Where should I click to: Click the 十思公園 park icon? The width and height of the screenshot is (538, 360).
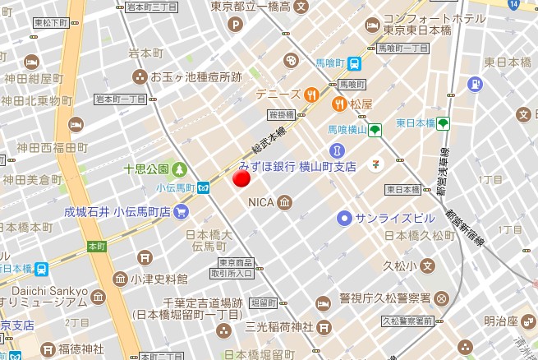coord(179,170)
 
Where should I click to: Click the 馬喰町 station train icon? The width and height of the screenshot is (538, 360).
coord(354,62)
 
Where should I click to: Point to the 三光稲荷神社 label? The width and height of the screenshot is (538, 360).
coord(278,327)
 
